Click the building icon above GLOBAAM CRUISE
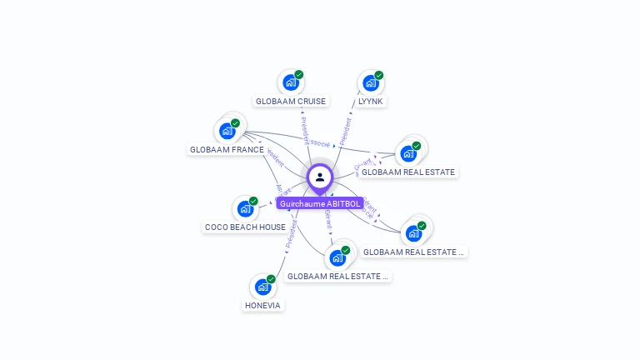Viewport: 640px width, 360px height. (x=290, y=82)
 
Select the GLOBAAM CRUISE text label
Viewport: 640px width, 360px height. (x=291, y=102)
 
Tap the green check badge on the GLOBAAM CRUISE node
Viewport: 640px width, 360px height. (x=299, y=75)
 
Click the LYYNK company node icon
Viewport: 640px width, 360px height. (x=370, y=83)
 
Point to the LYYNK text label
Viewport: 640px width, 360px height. (x=371, y=102)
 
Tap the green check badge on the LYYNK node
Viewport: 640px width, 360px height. (x=379, y=75)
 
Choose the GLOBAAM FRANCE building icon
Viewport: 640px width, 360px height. (x=227, y=131)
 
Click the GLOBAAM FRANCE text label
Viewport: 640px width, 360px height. (x=227, y=150)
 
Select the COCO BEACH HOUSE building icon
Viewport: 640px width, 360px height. (x=245, y=209)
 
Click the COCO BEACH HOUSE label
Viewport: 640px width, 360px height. (x=245, y=227)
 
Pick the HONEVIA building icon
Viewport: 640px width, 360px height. (x=262, y=287)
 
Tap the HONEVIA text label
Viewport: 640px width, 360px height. (x=263, y=306)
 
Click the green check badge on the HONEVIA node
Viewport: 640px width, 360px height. (x=271, y=279)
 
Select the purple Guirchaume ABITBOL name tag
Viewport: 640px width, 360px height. (x=320, y=204)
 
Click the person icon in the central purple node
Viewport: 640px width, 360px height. (x=320, y=177)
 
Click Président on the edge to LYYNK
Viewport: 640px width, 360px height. (x=345, y=131)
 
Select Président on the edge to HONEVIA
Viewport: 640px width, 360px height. (x=291, y=235)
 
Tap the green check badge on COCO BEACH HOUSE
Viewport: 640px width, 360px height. (x=253, y=201)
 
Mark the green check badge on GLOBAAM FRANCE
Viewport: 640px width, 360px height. (x=235, y=123)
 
